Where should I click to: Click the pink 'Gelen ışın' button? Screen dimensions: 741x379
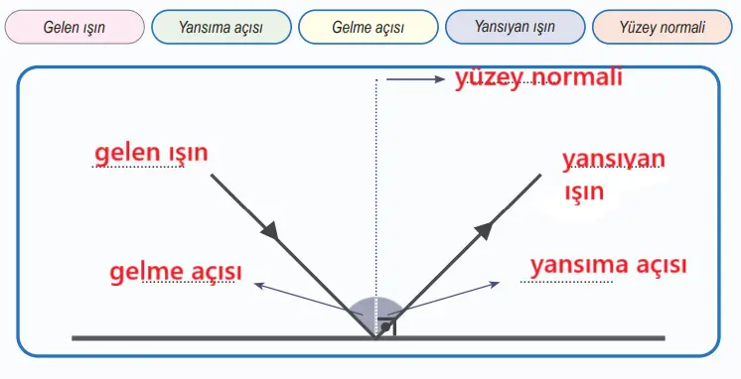pyautogui.click(x=74, y=28)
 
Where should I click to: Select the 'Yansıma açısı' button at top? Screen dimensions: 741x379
pyautogui.click(x=221, y=28)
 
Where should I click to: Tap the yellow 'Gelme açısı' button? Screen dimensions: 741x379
pyautogui.click(x=368, y=28)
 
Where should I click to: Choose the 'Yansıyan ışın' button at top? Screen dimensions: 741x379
pyautogui.click(x=515, y=28)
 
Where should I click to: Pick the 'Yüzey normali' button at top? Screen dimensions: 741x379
pyautogui.click(x=663, y=28)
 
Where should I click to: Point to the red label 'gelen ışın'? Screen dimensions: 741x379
pyautogui.click(x=151, y=154)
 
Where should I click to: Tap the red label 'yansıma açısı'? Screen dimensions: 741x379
pyautogui.click(x=608, y=265)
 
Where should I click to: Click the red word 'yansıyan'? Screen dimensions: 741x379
pyautogui.click(x=614, y=160)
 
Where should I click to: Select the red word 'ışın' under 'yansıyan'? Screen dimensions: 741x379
pyautogui.click(x=584, y=191)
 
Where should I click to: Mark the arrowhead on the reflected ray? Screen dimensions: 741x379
pyautogui.click(x=484, y=229)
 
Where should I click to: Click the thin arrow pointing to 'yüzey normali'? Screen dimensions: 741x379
pyautogui.click(x=415, y=79)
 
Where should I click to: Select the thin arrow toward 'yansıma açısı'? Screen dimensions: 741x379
pyautogui.click(x=453, y=298)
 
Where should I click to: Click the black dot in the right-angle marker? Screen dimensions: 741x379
pyautogui.click(x=386, y=326)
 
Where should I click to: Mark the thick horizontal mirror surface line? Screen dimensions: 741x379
pyautogui.click(x=199, y=338)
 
